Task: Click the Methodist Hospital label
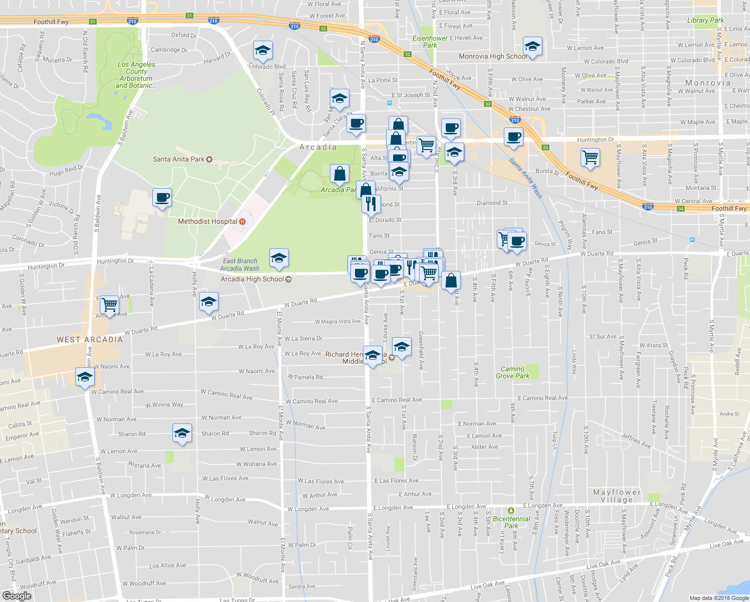point(208,221)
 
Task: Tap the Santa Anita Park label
point(178,159)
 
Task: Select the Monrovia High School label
point(493,56)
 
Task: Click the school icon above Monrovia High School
point(532,47)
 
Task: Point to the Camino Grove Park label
point(512,372)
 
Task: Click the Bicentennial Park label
point(511,522)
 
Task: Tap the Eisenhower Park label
point(430,42)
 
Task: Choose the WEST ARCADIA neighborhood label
point(90,340)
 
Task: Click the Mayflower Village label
point(617,496)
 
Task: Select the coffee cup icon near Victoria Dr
point(162,198)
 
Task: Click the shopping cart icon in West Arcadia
point(109,304)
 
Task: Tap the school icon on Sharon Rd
point(181,433)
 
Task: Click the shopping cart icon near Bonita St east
point(590,157)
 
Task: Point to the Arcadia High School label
point(252,279)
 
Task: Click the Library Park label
point(705,20)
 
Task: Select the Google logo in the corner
point(17,595)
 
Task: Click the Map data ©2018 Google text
point(718,598)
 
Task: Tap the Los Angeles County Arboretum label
point(136,75)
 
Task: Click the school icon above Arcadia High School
point(279,258)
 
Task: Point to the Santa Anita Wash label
point(525,178)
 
